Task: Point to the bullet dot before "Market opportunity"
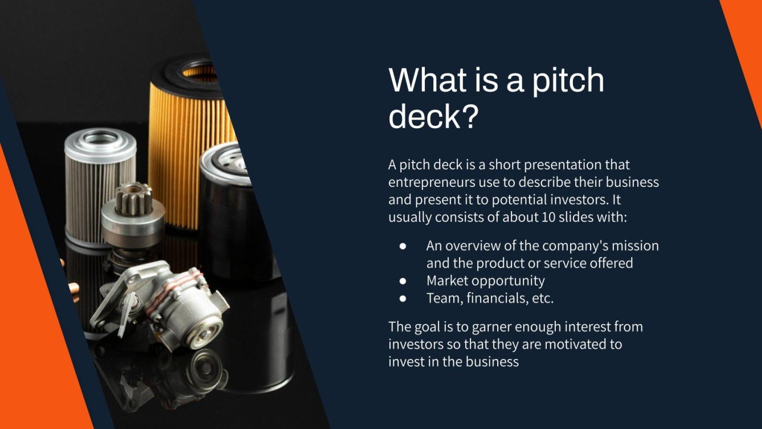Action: tap(403, 281)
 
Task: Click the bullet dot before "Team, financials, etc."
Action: tap(403, 298)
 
